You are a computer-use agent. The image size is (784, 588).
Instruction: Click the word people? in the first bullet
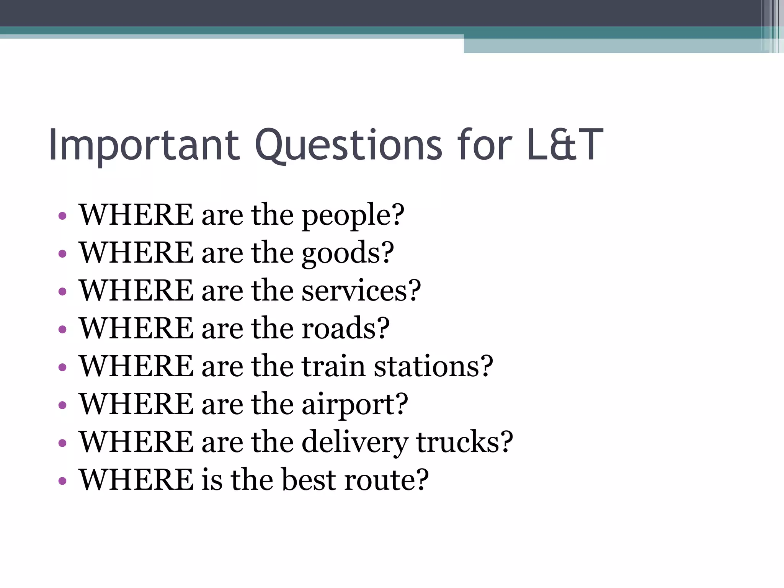tap(353, 216)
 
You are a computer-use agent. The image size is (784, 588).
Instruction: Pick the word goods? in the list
tap(348, 253)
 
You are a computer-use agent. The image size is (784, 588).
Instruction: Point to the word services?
tap(361, 291)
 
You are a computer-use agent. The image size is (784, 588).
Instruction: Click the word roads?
tap(345, 328)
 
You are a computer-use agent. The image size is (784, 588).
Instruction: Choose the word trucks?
tap(464, 442)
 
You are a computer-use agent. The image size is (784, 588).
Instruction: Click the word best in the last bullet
tap(309, 480)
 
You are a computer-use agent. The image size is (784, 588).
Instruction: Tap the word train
tap(333, 366)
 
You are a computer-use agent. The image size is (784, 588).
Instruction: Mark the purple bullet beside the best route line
tap(62, 481)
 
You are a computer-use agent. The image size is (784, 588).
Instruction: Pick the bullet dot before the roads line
tap(62, 330)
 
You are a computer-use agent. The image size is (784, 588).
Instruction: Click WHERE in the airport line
tap(136, 404)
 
